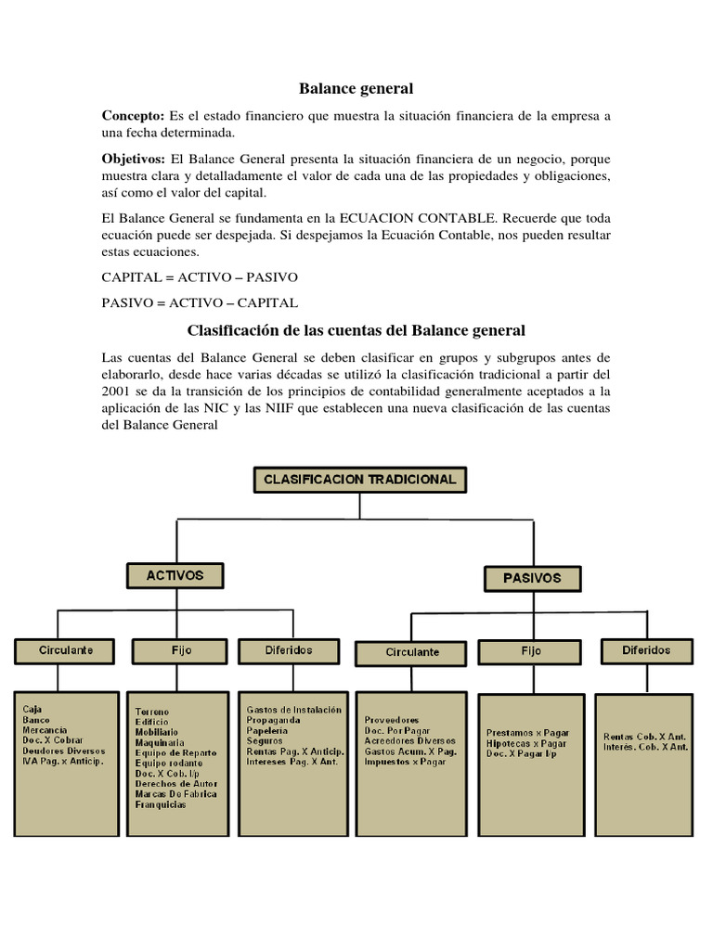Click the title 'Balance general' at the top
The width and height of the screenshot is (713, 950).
click(x=356, y=89)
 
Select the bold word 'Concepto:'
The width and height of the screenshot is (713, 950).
click(x=133, y=115)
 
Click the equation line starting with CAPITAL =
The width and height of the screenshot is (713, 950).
click(x=200, y=277)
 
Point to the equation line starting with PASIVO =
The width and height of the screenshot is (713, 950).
click(x=200, y=302)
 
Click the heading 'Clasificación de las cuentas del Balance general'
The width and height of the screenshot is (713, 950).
click(x=356, y=330)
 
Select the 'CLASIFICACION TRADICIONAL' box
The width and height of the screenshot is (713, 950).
click(x=360, y=480)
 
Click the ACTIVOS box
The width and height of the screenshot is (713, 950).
click(x=175, y=575)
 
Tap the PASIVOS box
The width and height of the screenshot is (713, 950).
click(x=532, y=578)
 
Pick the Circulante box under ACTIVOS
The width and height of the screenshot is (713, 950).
click(x=66, y=650)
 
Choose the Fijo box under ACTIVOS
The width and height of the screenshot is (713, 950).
click(x=182, y=650)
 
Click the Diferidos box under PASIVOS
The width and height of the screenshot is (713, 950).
click(x=646, y=650)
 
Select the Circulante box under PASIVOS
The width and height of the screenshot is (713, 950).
click(x=412, y=652)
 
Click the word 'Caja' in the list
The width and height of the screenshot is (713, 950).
click(x=32, y=709)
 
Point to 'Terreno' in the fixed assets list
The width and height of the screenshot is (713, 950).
click(x=152, y=712)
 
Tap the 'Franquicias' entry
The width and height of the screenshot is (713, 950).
click(x=160, y=804)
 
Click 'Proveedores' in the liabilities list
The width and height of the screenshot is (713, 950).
click(x=392, y=720)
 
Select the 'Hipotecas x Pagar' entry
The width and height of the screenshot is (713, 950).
click(x=526, y=743)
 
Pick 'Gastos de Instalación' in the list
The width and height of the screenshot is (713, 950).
click(x=293, y=710)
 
